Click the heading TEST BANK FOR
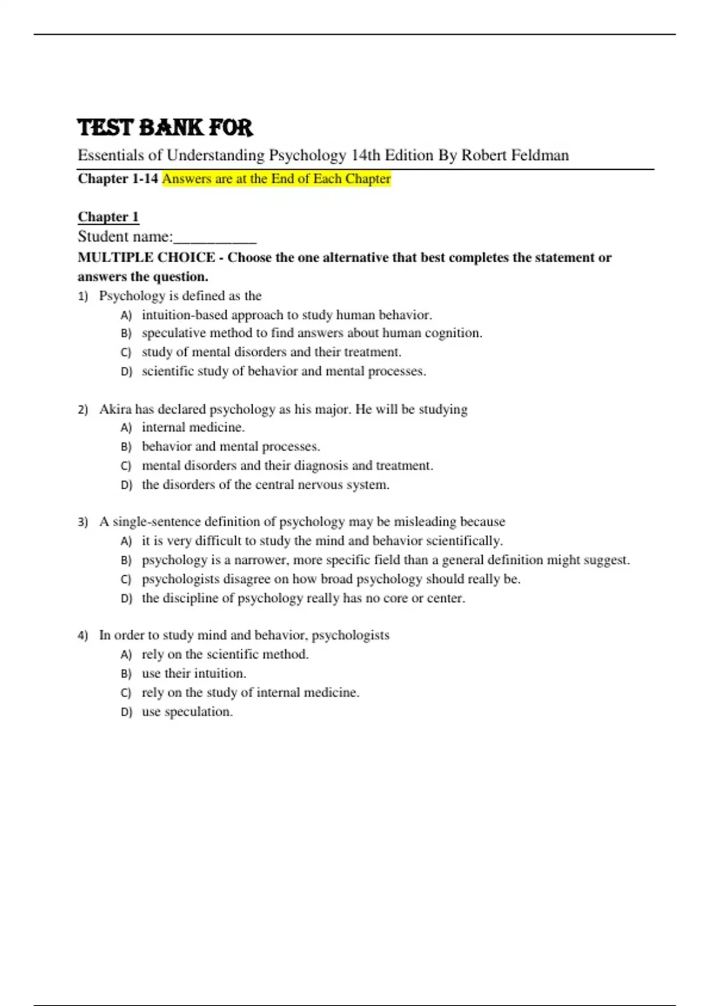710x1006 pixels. point(165,128)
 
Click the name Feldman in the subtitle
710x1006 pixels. point(540,156)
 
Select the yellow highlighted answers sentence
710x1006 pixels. point(276,179)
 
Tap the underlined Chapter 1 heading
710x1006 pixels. point(108,217)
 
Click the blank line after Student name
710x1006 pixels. point(215,238)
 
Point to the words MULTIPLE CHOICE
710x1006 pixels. point(146,257)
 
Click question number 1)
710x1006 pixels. point(83,296)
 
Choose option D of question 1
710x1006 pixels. point(283,372)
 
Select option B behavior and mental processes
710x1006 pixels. point(231,447)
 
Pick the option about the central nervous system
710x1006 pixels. point(265,485)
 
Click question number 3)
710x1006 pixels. point(83,522)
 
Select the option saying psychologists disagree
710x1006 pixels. point(331,579)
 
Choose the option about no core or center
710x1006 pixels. point(303,598)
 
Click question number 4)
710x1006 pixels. point(83,636)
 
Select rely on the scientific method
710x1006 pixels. point(225,654)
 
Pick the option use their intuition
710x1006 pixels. point(193,673)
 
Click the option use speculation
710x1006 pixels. point(187,712)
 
